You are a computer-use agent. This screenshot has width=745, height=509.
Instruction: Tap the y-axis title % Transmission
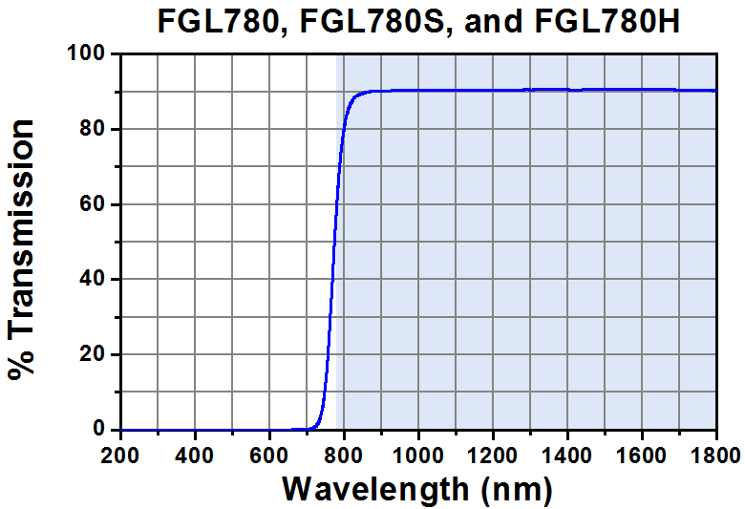(x=23, y=250)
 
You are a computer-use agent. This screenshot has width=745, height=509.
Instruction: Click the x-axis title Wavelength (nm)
(x=417, y=490)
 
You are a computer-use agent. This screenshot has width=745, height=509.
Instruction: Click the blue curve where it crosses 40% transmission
(x=330, y=280)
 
